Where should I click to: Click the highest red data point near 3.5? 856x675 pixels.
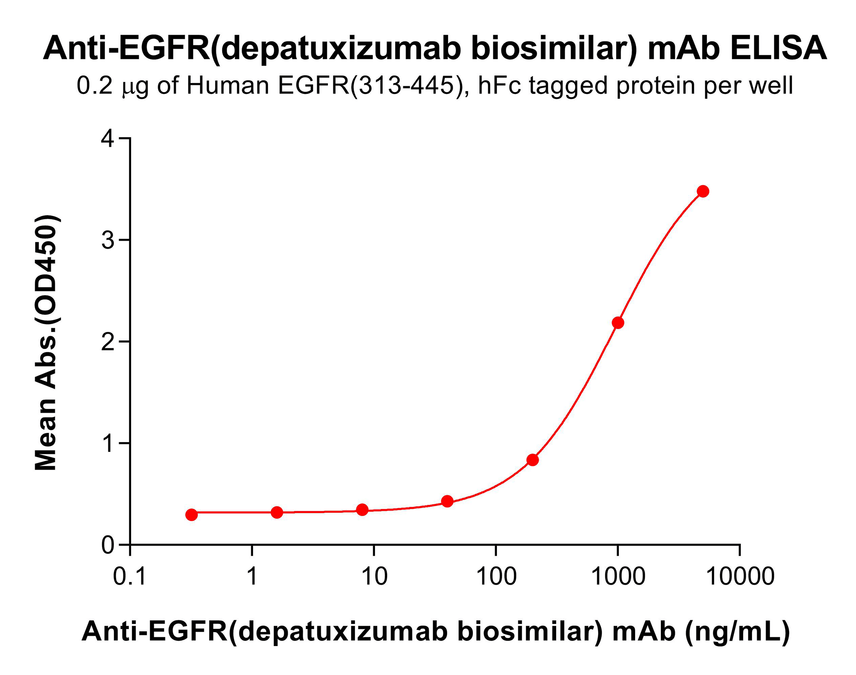[x=703, y=191]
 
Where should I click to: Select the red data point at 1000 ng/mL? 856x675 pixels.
[x=617, y=323]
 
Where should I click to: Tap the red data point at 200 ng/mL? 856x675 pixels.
[x=533, y=460]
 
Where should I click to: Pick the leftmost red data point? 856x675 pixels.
[x=192, y=515]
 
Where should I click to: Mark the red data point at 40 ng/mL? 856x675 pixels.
[x=447, y=501]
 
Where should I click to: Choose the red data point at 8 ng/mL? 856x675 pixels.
[x=362, y=510]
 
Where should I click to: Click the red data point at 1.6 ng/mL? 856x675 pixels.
[x=277, y=512]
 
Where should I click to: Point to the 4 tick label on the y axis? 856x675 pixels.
[x=108, y=139]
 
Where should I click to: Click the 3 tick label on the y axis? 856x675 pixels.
[x=108, y=240]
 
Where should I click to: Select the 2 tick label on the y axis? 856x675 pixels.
[x=108, y=342]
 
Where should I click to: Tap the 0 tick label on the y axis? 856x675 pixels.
[x=108, y=545]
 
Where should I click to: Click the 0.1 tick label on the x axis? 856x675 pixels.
[x=130, y=577]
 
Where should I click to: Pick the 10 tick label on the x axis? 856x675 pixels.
[x=374, y=577]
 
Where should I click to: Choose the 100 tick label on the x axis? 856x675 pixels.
[x=496, y=577]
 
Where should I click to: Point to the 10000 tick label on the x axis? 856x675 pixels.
[x=740, y=577]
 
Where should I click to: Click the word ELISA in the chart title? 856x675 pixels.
[x=778, y=48]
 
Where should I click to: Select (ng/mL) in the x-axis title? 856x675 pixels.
[x=737, y=631]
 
